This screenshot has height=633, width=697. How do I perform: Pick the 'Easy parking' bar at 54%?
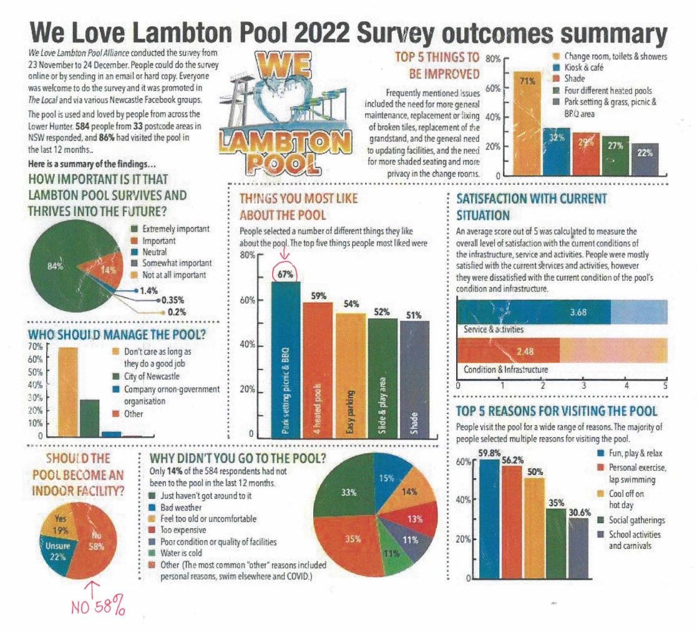click(351, 375)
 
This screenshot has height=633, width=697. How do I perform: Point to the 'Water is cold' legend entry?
click(182, 553)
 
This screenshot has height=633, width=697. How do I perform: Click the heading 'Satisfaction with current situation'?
click(531, 206)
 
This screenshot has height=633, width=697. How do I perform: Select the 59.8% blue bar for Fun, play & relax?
click(490, 518)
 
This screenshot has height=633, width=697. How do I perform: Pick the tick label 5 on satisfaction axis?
click(665, 386)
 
